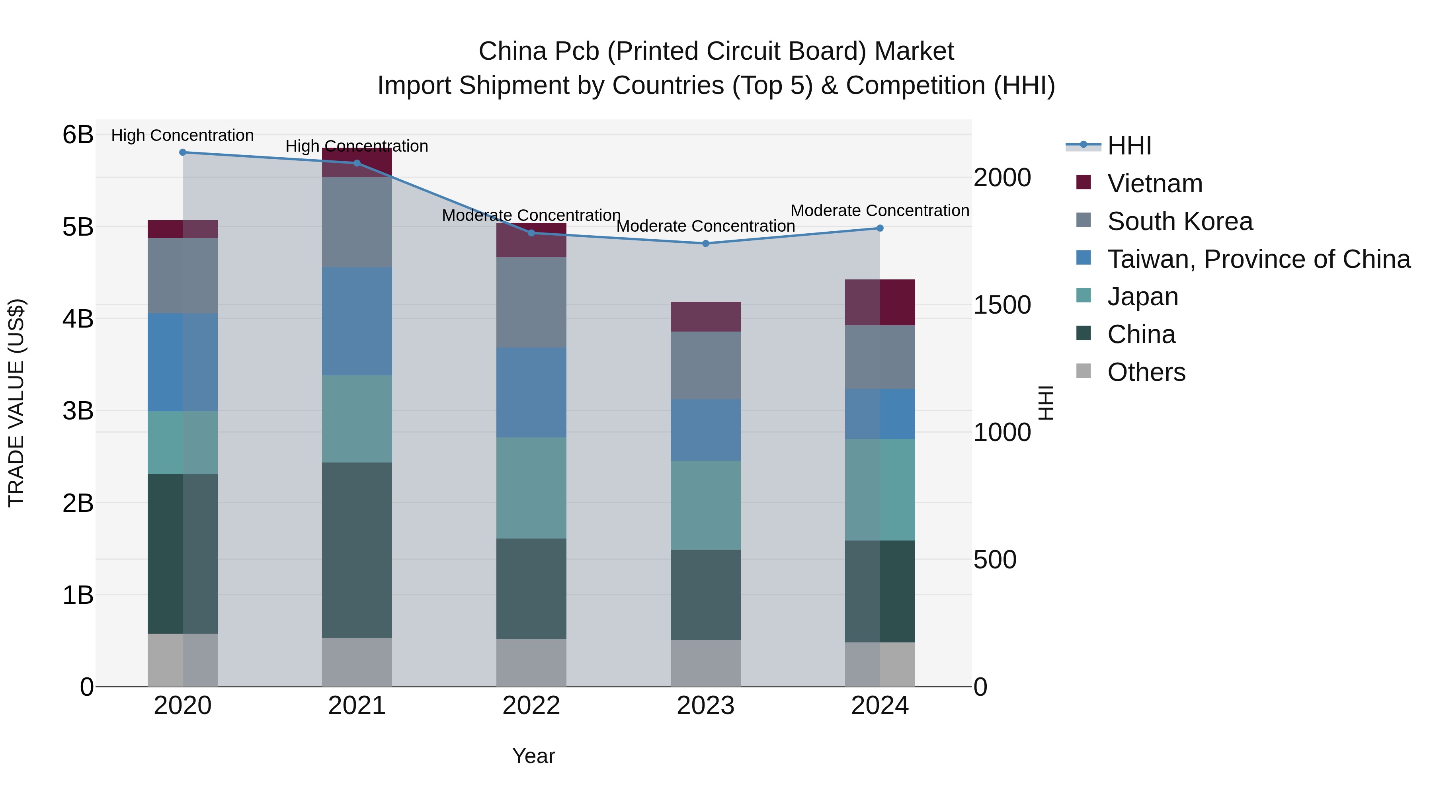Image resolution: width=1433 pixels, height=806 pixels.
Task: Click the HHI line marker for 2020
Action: click(x=182, y=152)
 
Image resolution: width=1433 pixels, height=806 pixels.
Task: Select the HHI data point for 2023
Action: click(x=705, y=244)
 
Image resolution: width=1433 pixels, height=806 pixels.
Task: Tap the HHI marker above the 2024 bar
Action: click(x=879, y=228)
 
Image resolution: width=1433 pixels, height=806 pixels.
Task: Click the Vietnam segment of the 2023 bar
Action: click(x=705, y=317)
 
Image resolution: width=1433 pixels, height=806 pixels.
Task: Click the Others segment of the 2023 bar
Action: click(x=705, y=663)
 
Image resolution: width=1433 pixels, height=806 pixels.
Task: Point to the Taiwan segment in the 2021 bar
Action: click(x=357, y=322)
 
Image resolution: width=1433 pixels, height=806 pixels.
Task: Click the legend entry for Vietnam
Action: click(x=1154, y=183)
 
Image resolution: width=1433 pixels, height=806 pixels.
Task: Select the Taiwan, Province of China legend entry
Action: click(x=1258, y=259)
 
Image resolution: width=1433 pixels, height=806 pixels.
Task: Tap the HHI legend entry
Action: click(x=1129, y=146)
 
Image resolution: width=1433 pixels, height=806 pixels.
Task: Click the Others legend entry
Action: click(x=1146, y=372)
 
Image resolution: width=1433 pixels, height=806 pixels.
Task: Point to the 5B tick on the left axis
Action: click(x=78, y=227)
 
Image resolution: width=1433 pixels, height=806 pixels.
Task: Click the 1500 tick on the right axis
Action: click(x=1002, y=305)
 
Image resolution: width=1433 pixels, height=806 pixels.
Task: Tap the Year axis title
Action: click(x=533, y=756)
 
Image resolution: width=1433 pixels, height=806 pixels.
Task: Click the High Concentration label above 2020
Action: click(x=182, y=135)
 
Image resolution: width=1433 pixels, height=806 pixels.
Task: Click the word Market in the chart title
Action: click(x=914, y=51)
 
